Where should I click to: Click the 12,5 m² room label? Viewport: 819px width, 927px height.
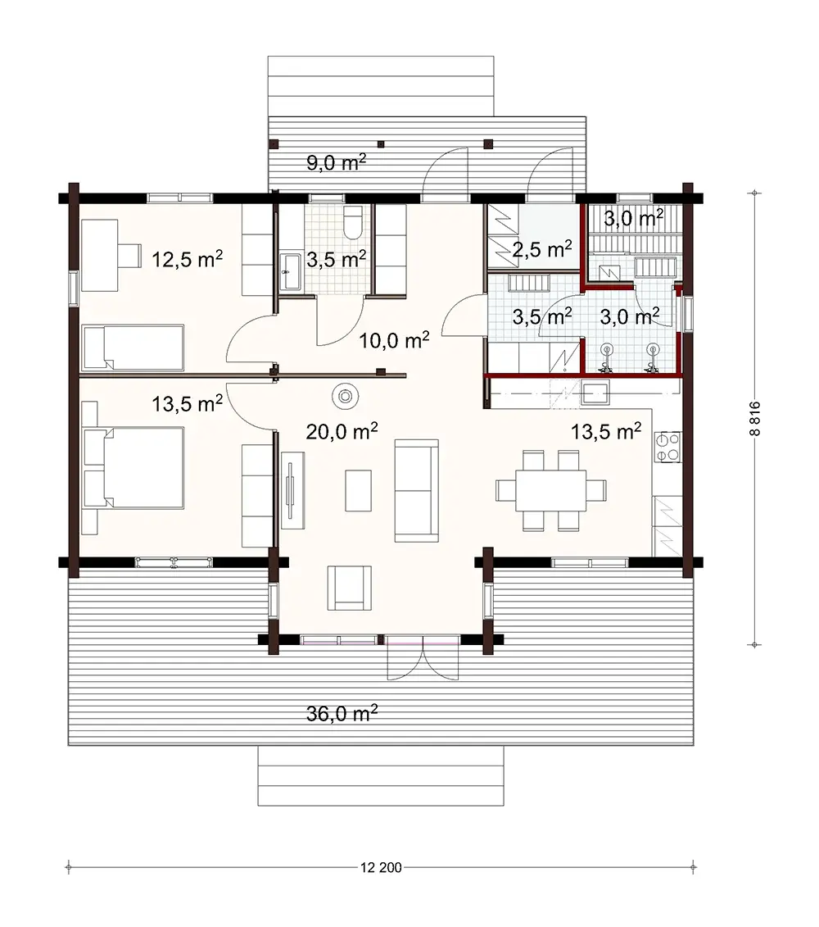click(188, 259)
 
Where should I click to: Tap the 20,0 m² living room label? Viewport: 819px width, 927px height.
click(342, 432)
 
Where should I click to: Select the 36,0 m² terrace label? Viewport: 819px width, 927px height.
click(342, 714)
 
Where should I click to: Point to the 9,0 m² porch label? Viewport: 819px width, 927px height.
click(336, 162)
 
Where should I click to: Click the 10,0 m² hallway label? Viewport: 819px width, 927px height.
click(395, 341)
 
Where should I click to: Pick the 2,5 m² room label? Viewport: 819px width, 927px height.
click(541, 248)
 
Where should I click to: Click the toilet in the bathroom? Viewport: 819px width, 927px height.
click(353, 222)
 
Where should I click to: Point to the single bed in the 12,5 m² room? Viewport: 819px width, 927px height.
click(133, 348)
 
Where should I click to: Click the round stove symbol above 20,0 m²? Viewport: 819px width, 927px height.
click(346, 397)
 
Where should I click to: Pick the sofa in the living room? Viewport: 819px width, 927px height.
click(416, 490)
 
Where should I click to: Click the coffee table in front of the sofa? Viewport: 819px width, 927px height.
click(358, 489)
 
